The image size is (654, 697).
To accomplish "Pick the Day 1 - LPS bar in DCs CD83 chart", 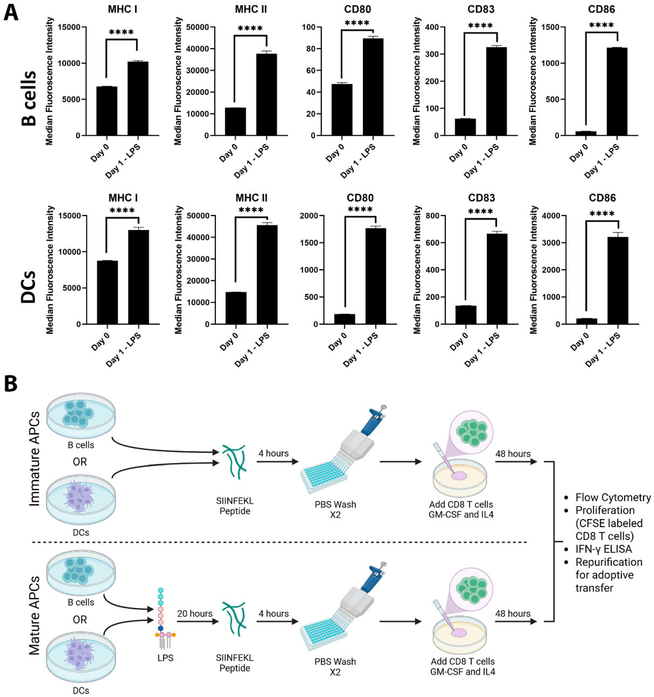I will coord(497,279).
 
